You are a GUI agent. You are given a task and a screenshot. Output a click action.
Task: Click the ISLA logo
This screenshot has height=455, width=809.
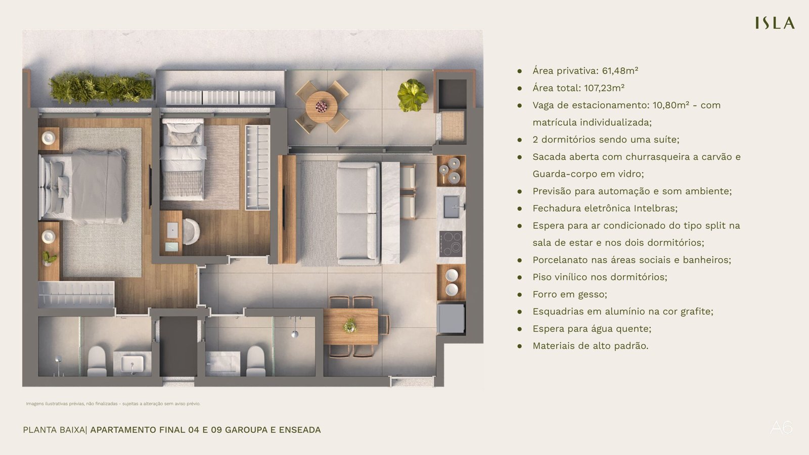(775, 23)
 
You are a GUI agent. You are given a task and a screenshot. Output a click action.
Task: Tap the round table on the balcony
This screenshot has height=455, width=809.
(322, 107)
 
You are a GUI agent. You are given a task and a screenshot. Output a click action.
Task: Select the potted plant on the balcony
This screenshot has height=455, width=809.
(413, 95)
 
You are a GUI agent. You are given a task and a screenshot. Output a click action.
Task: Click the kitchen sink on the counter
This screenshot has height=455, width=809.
(451, 207)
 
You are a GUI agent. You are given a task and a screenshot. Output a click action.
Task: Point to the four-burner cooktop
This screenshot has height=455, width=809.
(451, 243)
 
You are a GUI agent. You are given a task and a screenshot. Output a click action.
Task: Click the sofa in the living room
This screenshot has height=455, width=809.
(358, 213)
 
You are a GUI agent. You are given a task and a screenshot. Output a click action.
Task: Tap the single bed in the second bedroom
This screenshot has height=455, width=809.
(183, 159)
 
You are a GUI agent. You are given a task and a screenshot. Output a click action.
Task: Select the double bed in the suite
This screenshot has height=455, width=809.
(83, 186)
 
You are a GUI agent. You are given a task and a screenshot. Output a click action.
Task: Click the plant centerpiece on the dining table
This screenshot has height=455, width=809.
(350, 326)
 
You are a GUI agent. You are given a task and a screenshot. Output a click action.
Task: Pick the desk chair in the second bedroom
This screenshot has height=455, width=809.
(191, 232)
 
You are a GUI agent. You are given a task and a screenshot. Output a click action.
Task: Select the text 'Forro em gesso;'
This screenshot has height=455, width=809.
(569, 295)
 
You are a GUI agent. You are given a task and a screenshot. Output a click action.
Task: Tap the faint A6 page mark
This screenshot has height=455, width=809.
(781, 428)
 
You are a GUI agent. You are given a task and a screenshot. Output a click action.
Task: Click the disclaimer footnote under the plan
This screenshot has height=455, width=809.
(113, 404)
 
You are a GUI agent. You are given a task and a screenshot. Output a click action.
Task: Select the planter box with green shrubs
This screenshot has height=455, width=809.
(101, 88)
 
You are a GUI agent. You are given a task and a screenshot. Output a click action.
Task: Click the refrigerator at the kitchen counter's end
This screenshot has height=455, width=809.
(451, 318)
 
